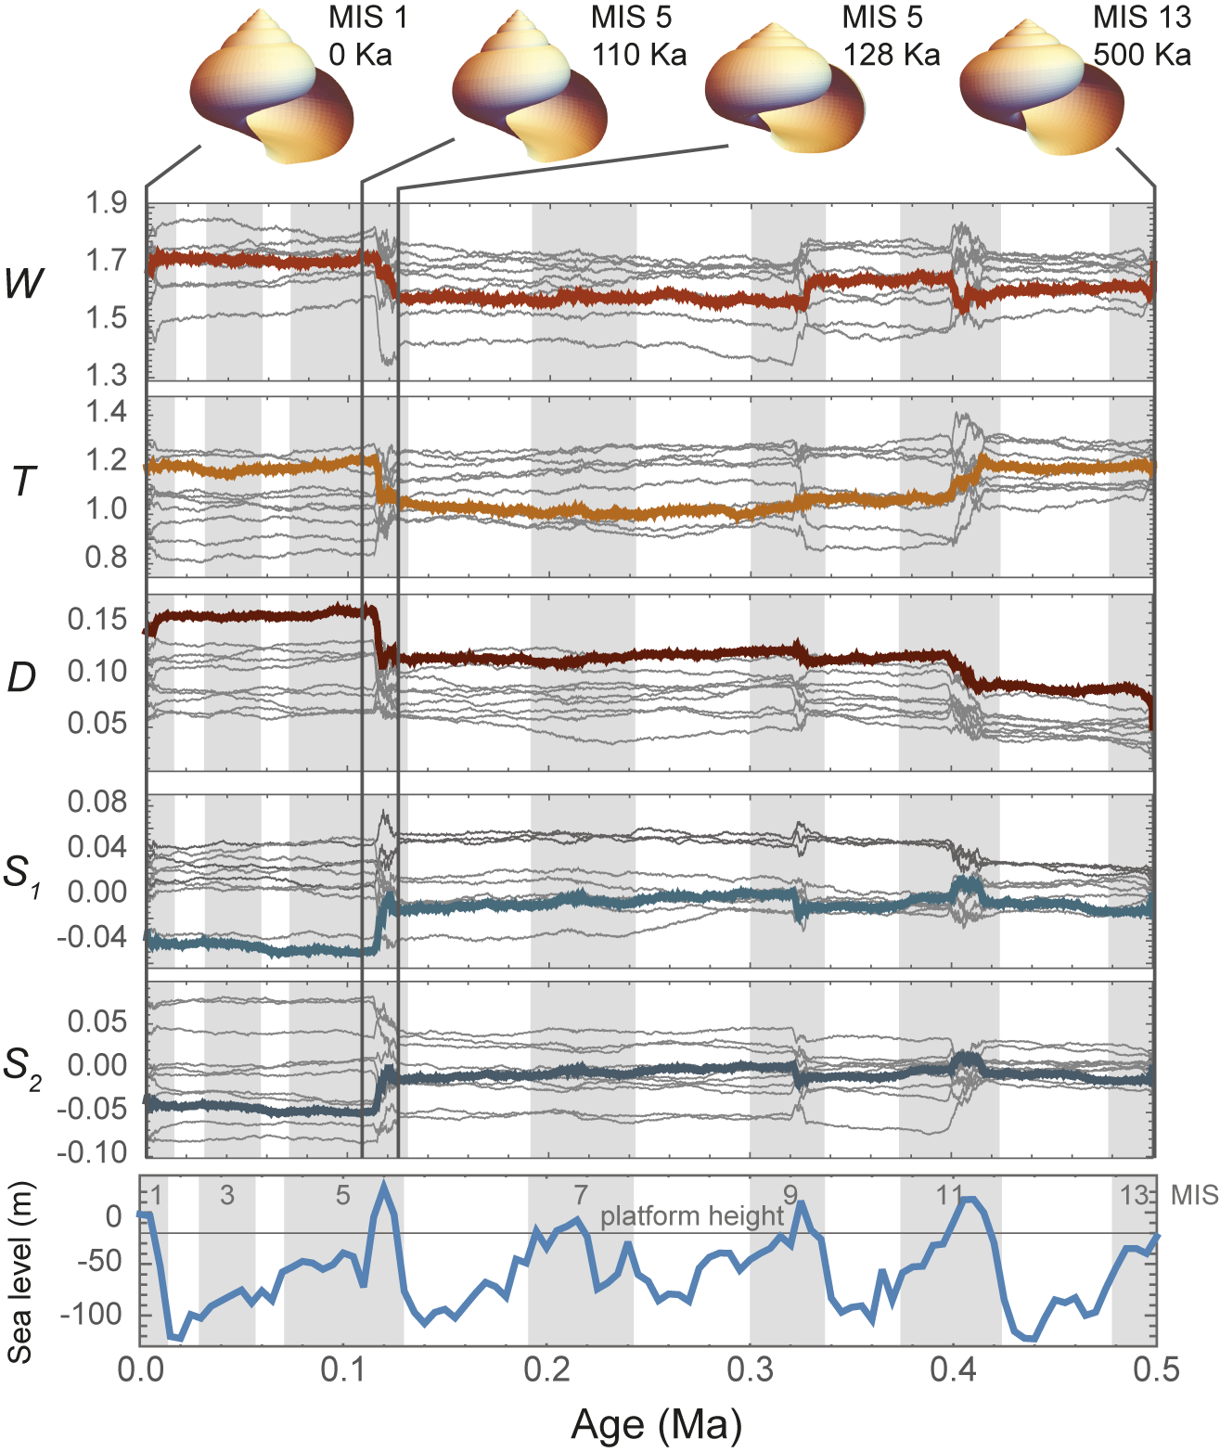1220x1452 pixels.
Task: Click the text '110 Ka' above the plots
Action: pos(639,55)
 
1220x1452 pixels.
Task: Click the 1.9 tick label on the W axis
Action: pos(107,202)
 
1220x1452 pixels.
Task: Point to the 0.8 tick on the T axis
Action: pos(107,558)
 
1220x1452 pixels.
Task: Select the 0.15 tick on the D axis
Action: pos(97,619)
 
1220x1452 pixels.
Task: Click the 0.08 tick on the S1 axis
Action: pos(97,801)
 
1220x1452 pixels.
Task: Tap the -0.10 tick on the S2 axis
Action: pos(92,1151)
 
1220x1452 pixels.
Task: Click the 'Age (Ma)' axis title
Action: pos(656,1424)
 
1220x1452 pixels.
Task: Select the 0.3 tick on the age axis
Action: pos(751,1369)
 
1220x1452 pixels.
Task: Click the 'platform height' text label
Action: pos(692,1216)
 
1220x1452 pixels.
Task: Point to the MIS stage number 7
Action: pos(580,1195)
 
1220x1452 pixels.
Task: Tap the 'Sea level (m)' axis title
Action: pos(20,1272)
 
